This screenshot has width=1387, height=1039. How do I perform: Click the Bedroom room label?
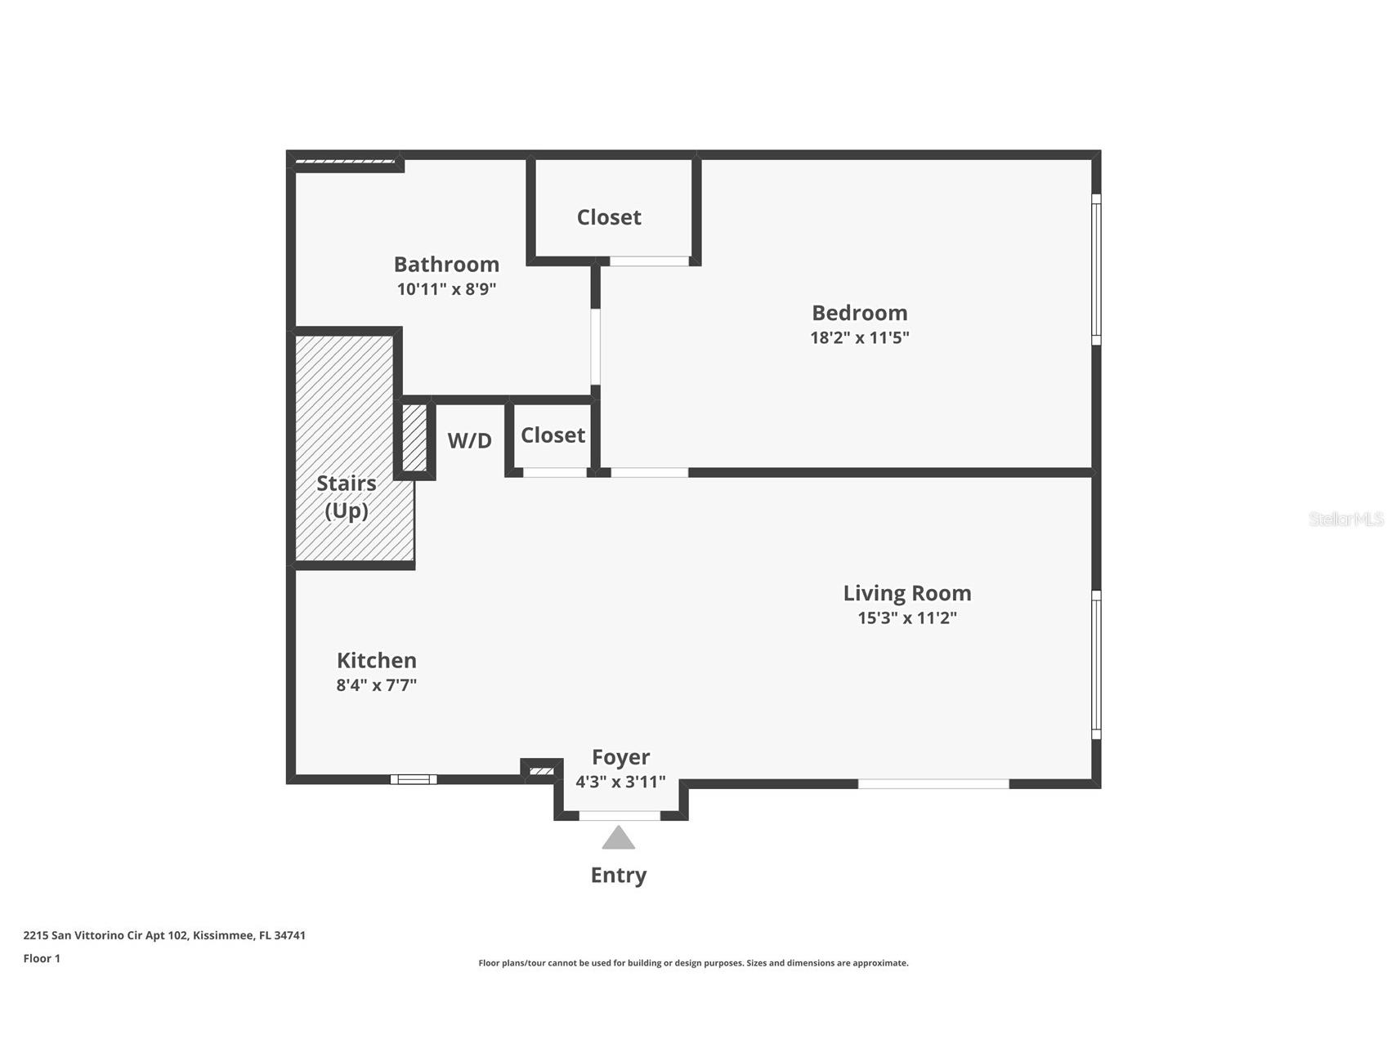pyautogui.click(x=859, y=313)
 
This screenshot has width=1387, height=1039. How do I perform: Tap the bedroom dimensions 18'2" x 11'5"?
pyautogui.click(x=859, y=337)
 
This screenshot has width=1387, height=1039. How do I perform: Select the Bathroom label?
pyautogui.click(x=446, y=265)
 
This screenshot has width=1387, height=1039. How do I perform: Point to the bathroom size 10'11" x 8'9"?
pyautogui.click(x=446, y=289)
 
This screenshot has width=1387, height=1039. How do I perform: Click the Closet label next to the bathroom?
pyautogui.click(x=609, y=217)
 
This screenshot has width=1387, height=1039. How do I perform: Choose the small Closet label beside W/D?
pyautogui.click(x=553, y=435)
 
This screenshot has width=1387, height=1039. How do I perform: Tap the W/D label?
pyautogui.click(x=469, y=441)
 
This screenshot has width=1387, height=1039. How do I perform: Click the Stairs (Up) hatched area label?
pyautogui.click(x=347, y=497)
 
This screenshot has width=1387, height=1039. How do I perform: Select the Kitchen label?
pyautogui.click(x=377, y=660)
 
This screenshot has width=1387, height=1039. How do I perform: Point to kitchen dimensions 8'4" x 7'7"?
pyautogui.click(x=377, y=684)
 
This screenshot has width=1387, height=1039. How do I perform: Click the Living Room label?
pyautogui.click(x=907, y=593)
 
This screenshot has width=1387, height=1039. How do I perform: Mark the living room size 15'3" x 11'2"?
pyautogui.click(x=907, y=618)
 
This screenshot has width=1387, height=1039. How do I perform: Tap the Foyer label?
pyautogui.click(x=620, y=757)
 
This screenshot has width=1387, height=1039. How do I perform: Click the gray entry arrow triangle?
pyautogui.click(x=619, y=839)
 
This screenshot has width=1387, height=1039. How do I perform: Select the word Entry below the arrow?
pyautogui.click(x=619, y=875)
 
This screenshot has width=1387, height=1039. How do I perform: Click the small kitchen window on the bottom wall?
pyautogui.click(x=414, y=779)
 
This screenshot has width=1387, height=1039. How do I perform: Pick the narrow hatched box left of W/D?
pyautogui.click(x=414, y=437)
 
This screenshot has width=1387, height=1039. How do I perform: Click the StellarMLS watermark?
pyautogui.click(x=1345, y=519)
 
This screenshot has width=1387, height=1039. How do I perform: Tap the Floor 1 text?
pyautogui.click(x=42, y=958)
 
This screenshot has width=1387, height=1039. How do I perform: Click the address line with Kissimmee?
pyautogui.click(x=164, y=935)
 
